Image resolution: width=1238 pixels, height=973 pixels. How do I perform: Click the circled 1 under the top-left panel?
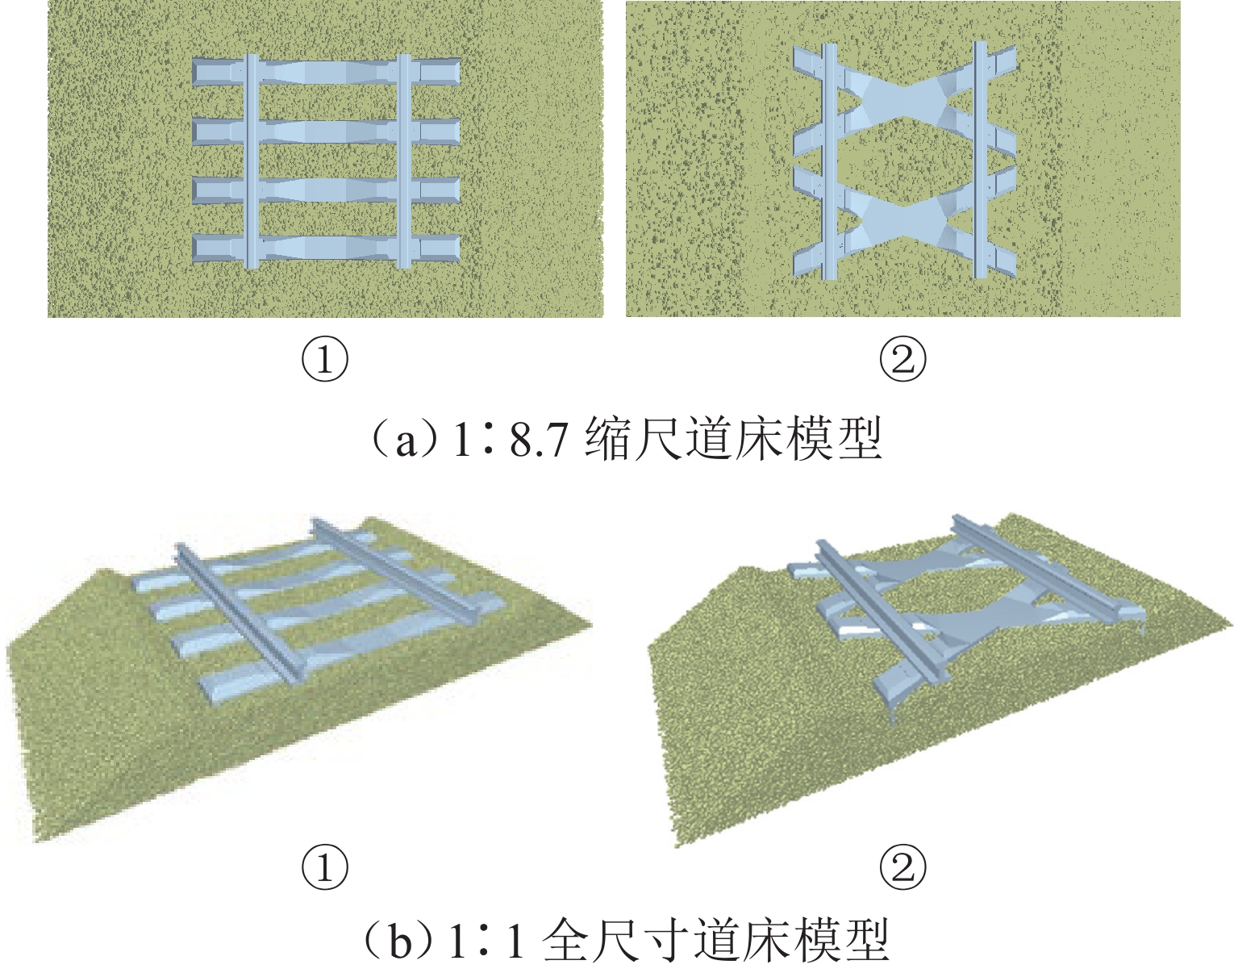coord(324,360)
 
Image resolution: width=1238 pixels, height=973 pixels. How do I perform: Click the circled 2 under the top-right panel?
coord(903,360)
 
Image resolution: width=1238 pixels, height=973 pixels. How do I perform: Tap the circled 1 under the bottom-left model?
coord(324,867)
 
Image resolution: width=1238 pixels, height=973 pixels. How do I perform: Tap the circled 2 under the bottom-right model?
coord(903,867)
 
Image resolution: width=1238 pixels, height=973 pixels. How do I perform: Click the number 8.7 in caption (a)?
coord(539,441)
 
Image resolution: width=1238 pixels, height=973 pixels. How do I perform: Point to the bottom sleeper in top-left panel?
coord(326,248)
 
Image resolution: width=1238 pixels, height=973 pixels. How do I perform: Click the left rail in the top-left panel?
coord(252,161)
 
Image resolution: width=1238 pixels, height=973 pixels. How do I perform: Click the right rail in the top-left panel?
coord(404,161)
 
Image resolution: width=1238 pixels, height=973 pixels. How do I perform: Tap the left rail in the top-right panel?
coord(830,162)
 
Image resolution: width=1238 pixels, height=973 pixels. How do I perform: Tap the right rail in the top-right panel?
coord(980,160)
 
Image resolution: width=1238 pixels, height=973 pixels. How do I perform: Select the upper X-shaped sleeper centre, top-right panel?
coord(902,103)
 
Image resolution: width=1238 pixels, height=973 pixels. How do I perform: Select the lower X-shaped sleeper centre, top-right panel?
coord(902,220)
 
